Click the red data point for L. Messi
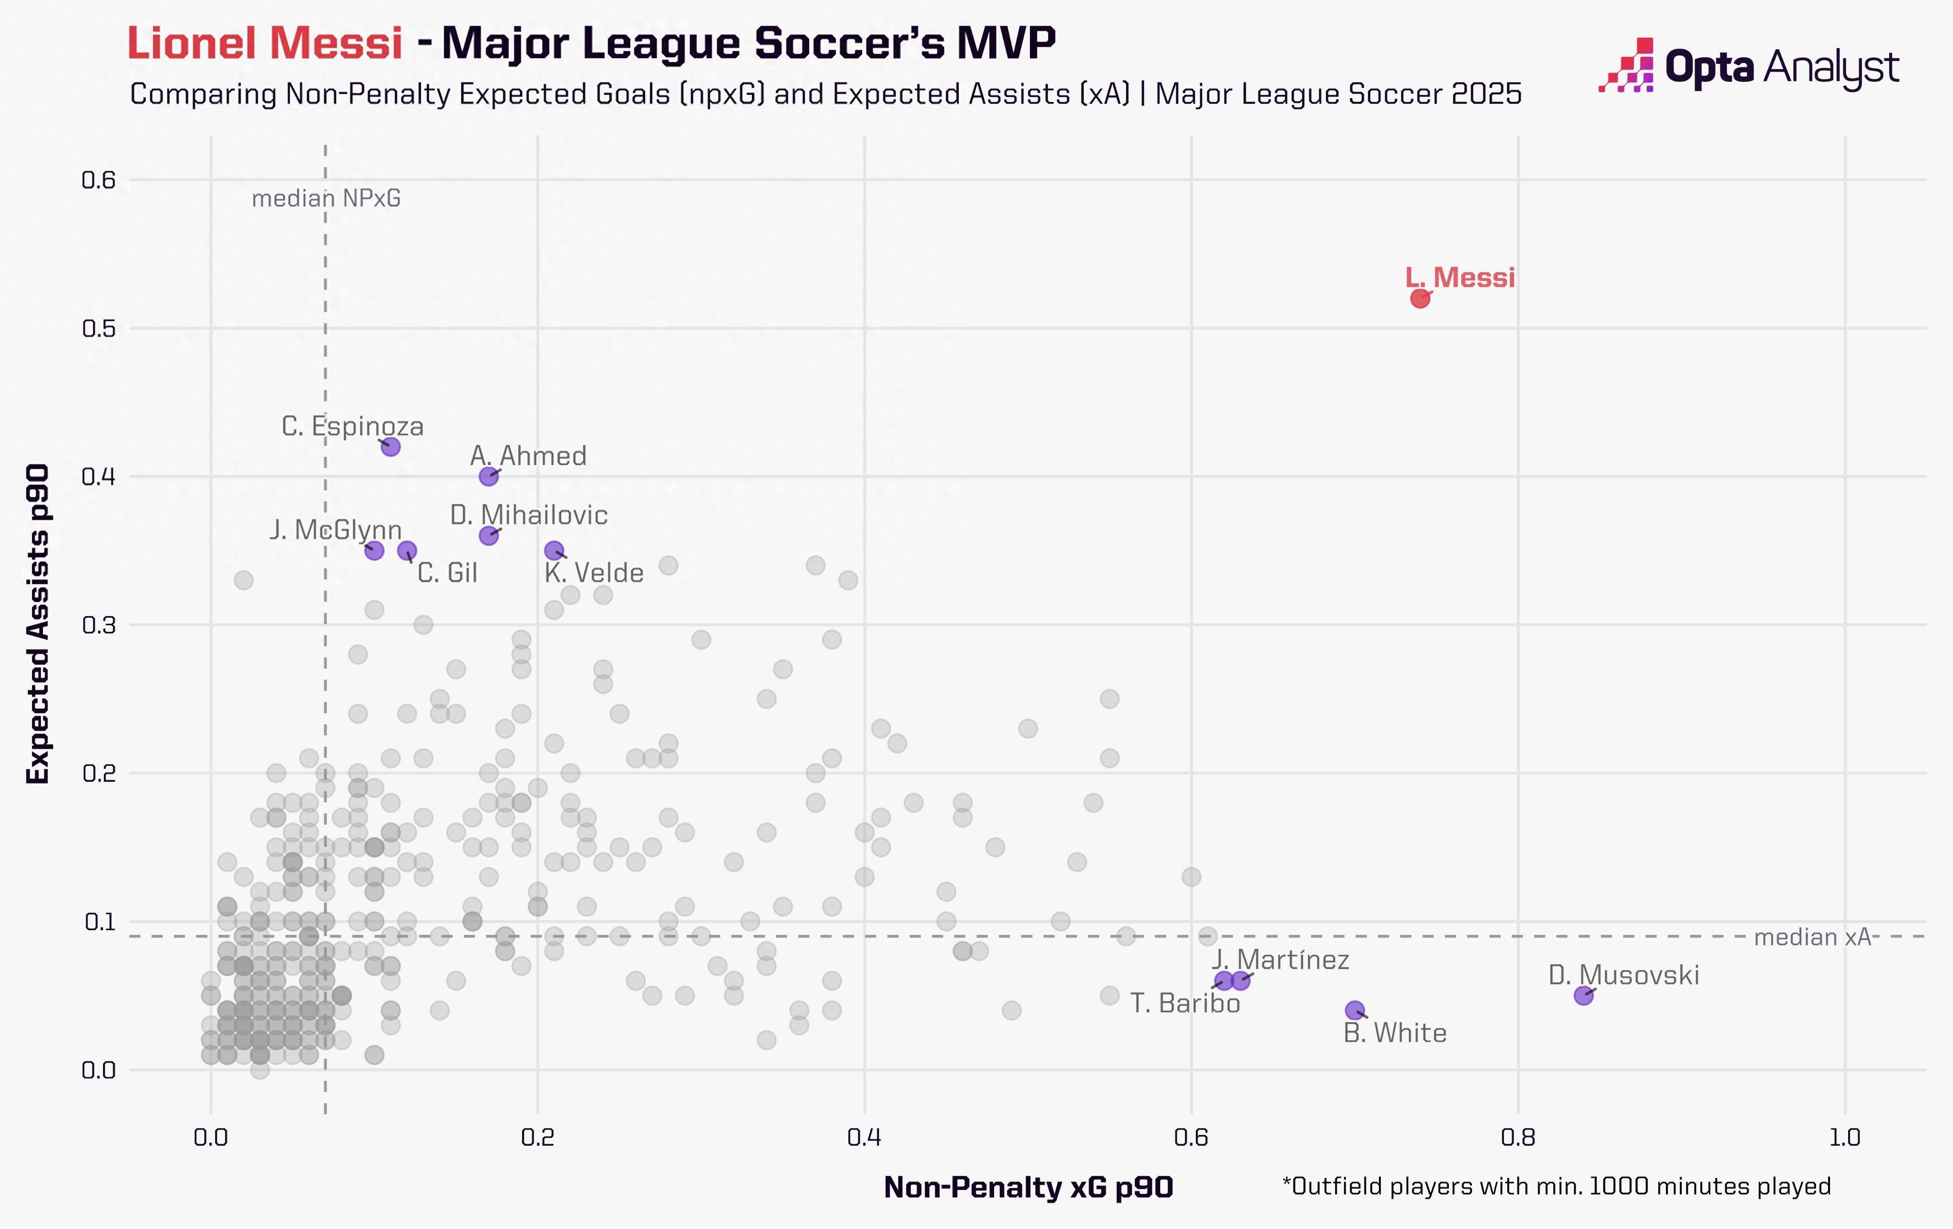[1419, 298]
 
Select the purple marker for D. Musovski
[1583, 995]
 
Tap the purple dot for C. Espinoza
[390, 447]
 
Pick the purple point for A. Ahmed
[488, 477]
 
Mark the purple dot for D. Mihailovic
[488, 536]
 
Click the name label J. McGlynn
[336, 530]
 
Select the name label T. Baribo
[1185, 1004]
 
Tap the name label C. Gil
[447, 573]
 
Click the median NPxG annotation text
[326, 199]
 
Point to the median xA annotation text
[1812, 938]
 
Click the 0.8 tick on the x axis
[1518, 1138]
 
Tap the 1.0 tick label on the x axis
[1844, 1138]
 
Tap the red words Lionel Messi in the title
[265, 43]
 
